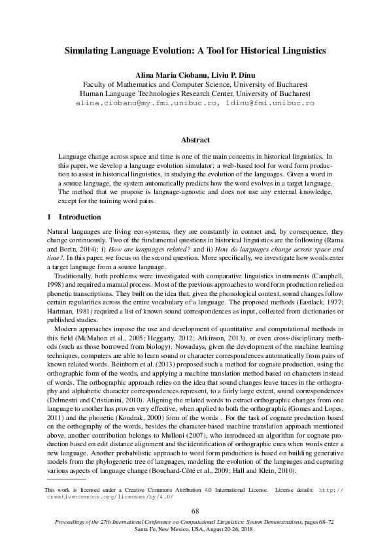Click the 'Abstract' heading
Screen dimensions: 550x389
click(x=194, y=140)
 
